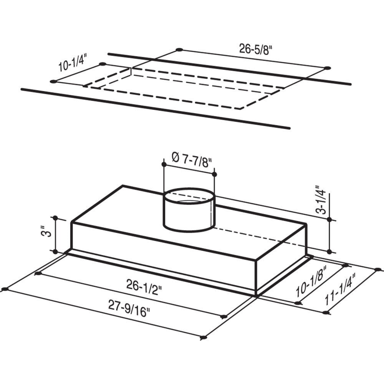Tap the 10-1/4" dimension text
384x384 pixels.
coord(73,64)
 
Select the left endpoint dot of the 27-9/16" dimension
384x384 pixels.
coord(5,289)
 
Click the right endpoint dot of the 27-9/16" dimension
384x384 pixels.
coord(204,338)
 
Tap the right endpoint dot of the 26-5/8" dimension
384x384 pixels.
coord(327,68)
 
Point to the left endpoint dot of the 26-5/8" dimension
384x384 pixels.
coord(179,50)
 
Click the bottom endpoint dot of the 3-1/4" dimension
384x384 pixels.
coord(329,252)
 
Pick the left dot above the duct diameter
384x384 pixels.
coord(164,165)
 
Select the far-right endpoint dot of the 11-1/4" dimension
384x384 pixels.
coord(378,269)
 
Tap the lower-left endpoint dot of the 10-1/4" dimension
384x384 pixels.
coord(53,81)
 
